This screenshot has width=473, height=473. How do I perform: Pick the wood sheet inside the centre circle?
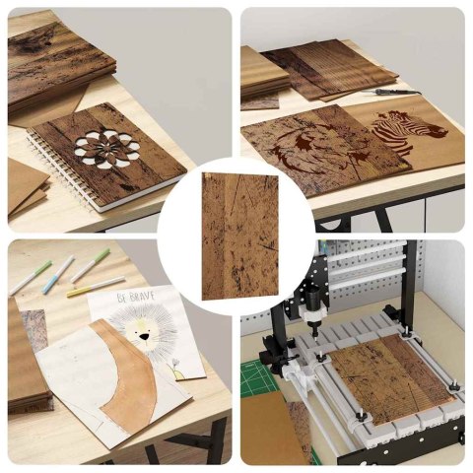(x=240, y=236)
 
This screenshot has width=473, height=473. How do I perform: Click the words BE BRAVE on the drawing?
(x=136, y=297)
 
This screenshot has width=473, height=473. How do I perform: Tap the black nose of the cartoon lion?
(x=144, y=336)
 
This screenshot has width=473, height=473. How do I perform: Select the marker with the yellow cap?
(x=96, y=287)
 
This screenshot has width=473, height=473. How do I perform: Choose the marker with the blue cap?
(x=58, y=274)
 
